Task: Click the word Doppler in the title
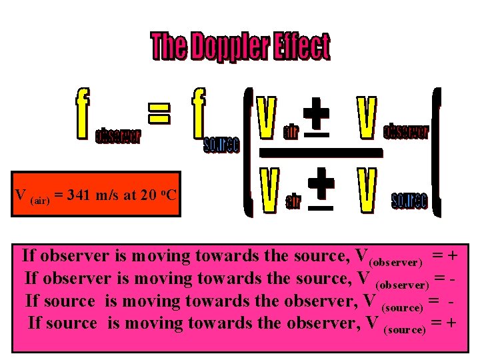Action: pyautogui.click(x=229, y=47)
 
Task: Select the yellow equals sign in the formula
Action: pyautogui.click(x=159, y=110)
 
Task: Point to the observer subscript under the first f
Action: pyautogui.click(x=118, y=137)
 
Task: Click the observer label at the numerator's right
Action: pyautogui.click(x=406, y=131)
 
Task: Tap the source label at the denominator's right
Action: pyautogui.click(x=409, y=201)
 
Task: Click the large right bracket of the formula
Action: pyautogui.click(x=437, y=152)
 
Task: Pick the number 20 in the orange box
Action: pyautogui.click(x=147, y=195)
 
